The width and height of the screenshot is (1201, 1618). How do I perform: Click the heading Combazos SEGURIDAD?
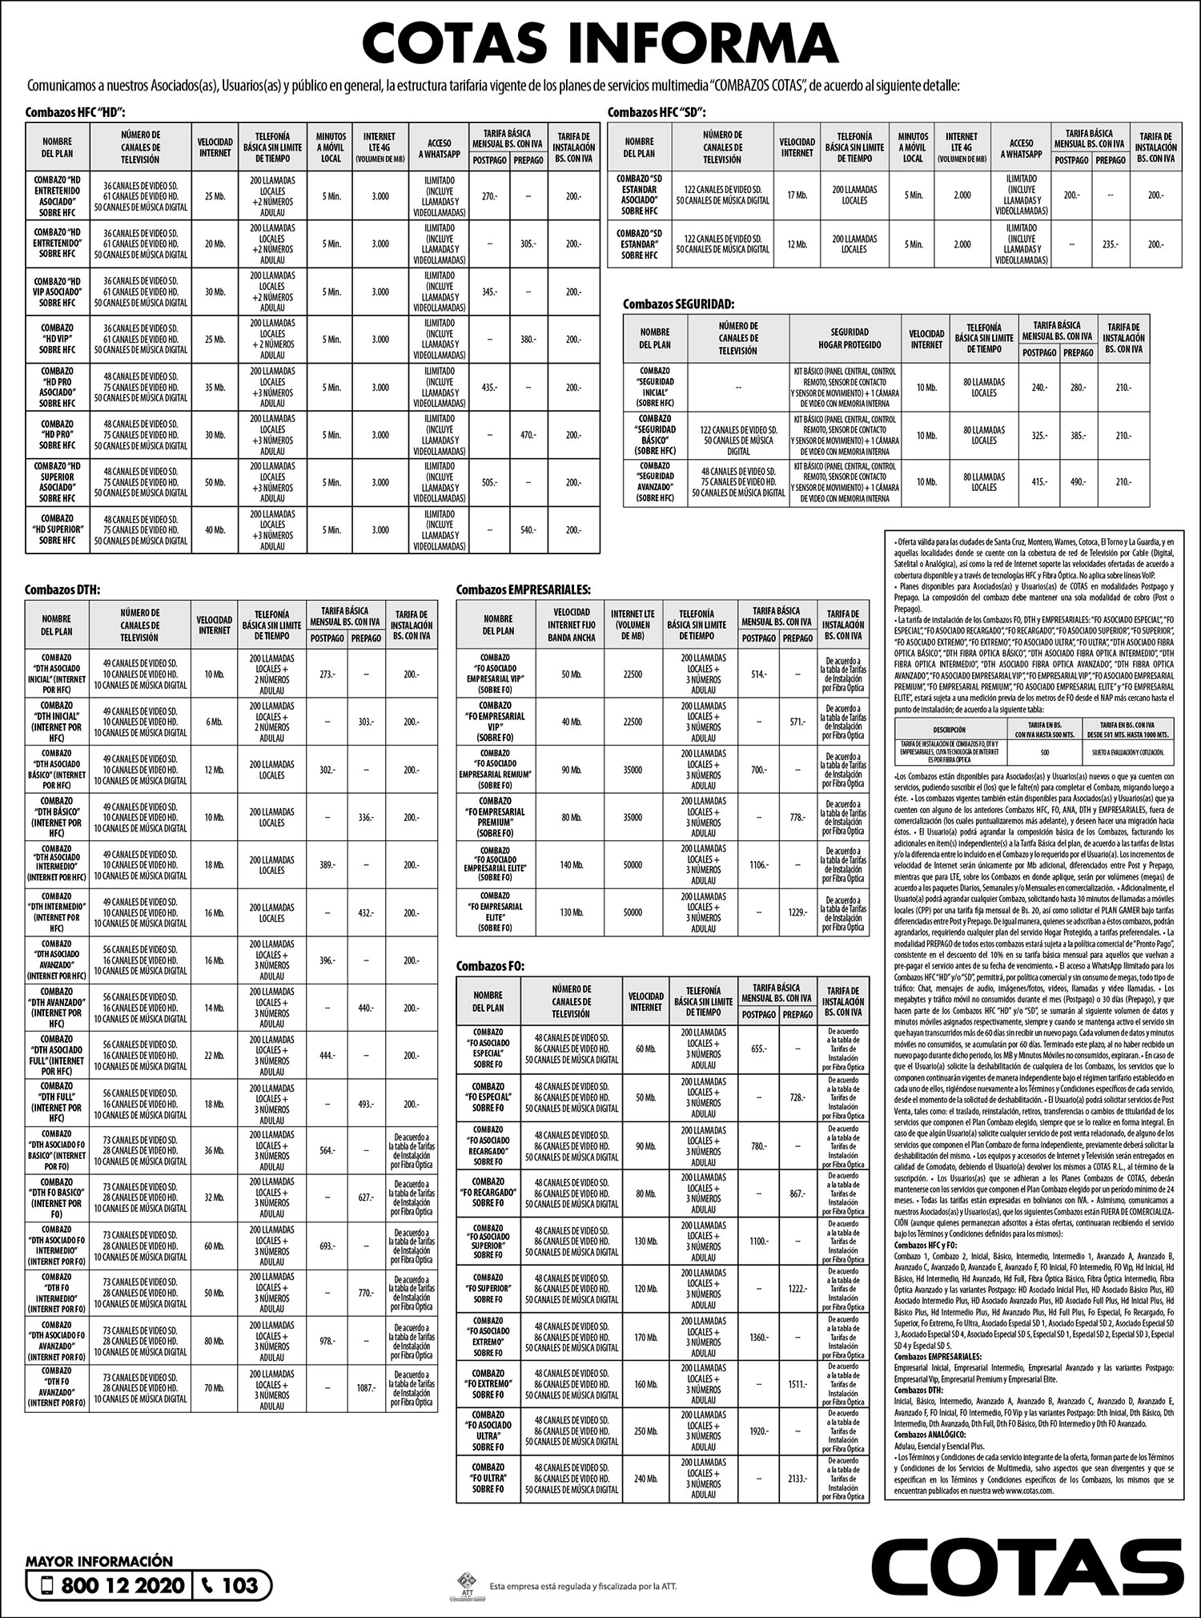tap(678, 304)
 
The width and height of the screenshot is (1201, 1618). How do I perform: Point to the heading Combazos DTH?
tap(62, 590)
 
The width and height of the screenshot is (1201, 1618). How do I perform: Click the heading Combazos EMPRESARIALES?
tap(523, 590)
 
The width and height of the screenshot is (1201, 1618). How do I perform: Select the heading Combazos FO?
tap(490, 967)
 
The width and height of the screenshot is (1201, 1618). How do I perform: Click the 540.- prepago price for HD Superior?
tap(528, 530)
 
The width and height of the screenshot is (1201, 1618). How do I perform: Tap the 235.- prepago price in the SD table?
tap(1110, 244)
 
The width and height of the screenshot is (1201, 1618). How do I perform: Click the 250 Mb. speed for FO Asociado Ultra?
tap(645, 1431)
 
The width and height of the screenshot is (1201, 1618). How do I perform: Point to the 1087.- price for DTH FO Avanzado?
tap(366, 1387)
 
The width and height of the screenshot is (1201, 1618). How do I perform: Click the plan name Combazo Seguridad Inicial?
tap(655, 388)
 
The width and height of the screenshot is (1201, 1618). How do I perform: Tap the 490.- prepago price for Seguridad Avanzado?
tap(1078, 482)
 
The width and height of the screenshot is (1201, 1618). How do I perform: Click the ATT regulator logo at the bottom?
tap(467, 1584)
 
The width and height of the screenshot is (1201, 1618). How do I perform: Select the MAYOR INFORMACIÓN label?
tap(99, 1561)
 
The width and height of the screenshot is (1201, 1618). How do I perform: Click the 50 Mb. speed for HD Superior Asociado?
tap(215, 483)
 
